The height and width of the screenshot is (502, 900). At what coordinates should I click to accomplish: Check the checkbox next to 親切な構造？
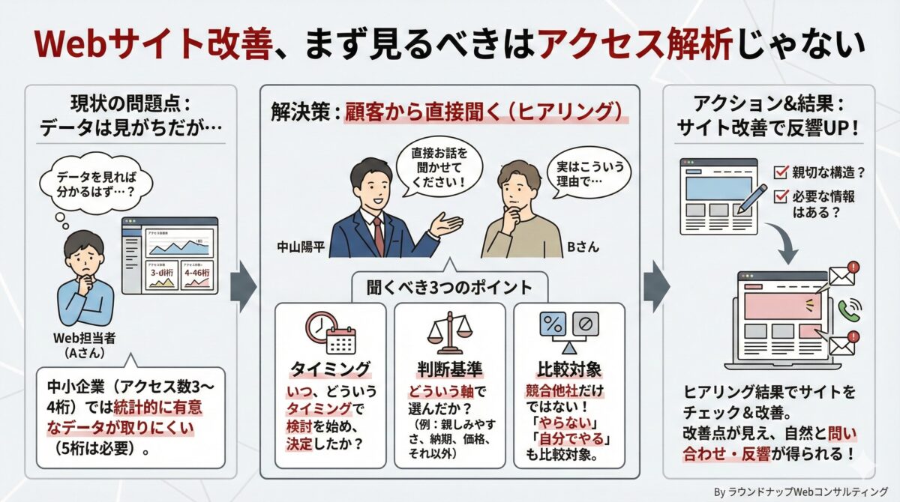(x=779, y=172)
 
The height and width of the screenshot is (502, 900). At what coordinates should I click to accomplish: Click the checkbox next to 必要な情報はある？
(x=779, y=196)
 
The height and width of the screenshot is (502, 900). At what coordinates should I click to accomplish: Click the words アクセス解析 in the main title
(x=634, y=46)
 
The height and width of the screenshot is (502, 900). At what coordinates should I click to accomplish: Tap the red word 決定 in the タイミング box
(x=304, y=443)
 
